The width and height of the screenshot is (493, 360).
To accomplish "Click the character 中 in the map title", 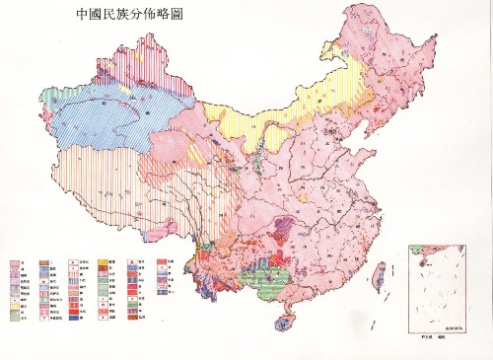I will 82,17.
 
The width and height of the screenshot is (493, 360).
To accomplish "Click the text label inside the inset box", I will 454,326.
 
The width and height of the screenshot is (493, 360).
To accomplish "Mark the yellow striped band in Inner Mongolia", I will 246,128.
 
